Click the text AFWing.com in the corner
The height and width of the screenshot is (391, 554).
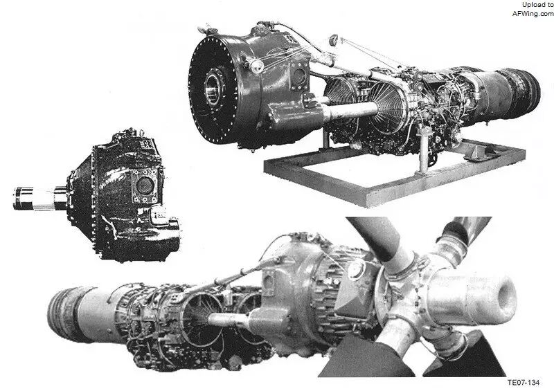(x=533, y=14)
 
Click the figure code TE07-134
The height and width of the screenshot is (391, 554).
(x=524, y=383)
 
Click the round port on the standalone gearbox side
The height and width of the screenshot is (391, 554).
(x=145, y=185)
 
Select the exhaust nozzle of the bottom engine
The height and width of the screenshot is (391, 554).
(x=67, y=314)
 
